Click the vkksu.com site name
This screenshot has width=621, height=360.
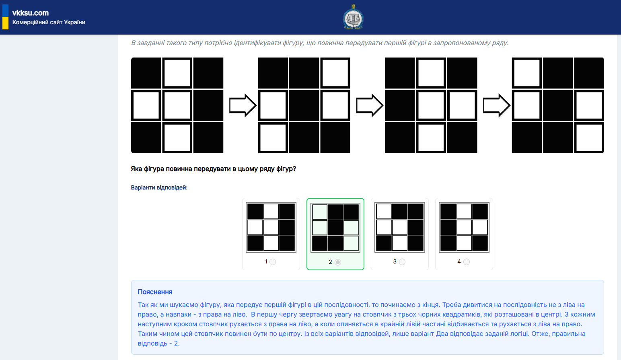coord(31,13)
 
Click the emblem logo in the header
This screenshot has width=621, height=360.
coord(353,17)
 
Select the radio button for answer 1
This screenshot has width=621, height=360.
coord(273,262)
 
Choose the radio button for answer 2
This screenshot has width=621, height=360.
coord(338,262)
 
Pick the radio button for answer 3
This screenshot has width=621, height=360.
coord(402,262)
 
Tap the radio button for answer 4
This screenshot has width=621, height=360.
coord(467,262)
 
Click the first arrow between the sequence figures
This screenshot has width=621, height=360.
coord(243,105)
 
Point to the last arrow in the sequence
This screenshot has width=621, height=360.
coord(497,105)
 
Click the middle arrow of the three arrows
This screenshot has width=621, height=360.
coord(370,105)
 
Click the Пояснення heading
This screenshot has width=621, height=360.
coord(155,292)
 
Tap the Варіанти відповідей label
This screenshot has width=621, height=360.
coord(159,187)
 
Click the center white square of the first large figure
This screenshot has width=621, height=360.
coord(177,105)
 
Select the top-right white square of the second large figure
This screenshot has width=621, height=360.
coord(335,73)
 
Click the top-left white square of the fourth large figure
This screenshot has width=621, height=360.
coord(527,73)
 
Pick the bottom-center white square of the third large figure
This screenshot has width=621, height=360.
coord(431,138)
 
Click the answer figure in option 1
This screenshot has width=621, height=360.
coord(271,227)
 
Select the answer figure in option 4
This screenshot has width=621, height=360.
coord(464,227)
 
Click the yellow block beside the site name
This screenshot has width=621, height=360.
coord(5,23)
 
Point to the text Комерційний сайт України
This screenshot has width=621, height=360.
coord(49,22)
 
